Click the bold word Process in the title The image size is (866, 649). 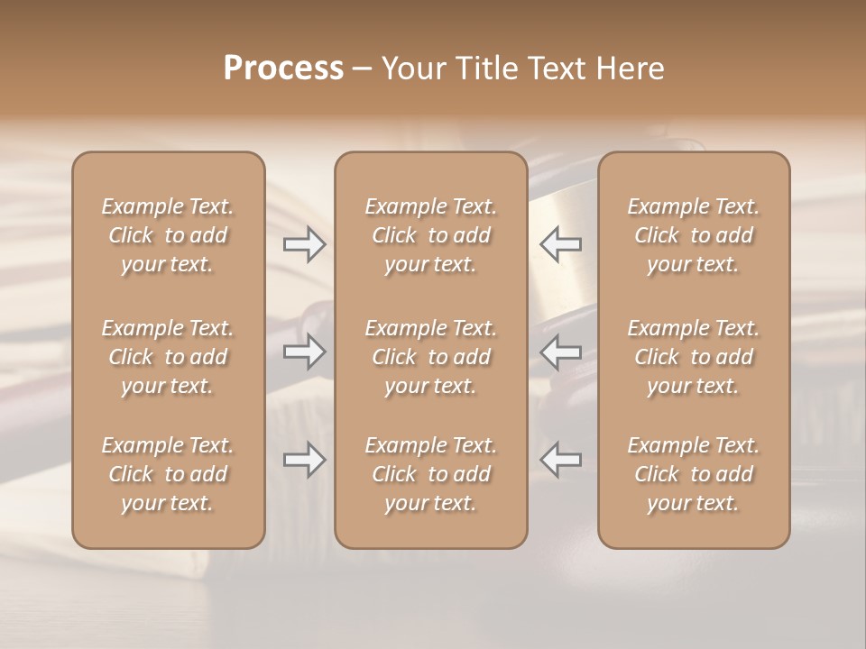283,69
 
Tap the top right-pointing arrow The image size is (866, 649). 305,244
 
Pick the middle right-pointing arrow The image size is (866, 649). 305,352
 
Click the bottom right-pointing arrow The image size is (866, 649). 305,461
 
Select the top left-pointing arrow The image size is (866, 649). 560,244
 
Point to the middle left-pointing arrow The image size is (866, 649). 560,352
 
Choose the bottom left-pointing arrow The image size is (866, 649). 560,461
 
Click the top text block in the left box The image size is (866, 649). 168,235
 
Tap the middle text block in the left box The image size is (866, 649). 168,357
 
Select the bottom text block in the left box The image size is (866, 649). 168,474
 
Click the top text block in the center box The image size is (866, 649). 431,235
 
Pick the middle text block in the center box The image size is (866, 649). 431,357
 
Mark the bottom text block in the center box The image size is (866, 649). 431,474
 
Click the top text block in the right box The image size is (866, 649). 694,235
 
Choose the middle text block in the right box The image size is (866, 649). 694,357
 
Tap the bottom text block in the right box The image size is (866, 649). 694,474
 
